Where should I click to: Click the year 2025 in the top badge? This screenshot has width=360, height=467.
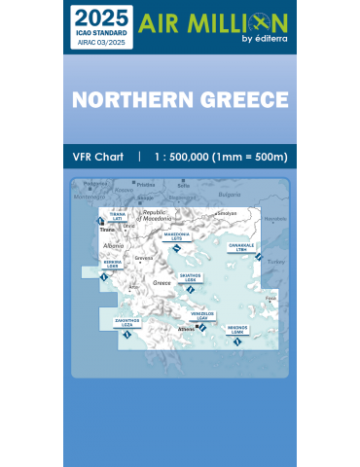click(99, 18)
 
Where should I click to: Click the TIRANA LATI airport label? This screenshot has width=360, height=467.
click(117, 217)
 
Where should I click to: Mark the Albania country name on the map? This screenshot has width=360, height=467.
click(114, 246)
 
